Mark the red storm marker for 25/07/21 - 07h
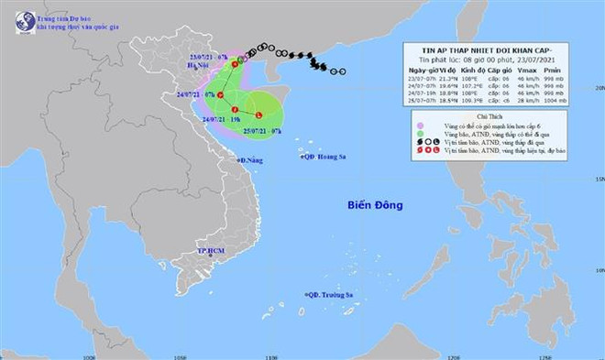click(258, 115)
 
